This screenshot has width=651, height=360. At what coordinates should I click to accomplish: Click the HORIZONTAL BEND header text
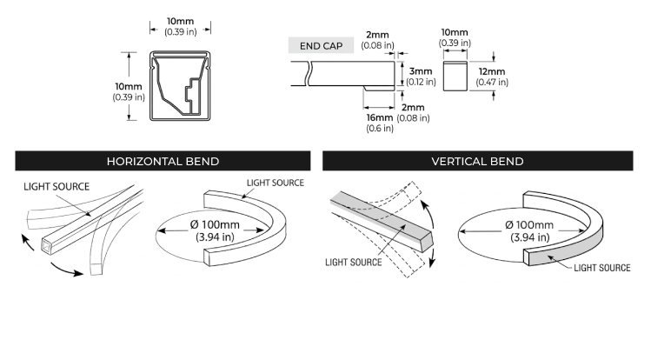click(x=163, y=161)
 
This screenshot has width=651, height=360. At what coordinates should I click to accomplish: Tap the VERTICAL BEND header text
click(x=477, y=161)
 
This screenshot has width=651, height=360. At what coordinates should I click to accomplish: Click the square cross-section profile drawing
click(x=182, y=86)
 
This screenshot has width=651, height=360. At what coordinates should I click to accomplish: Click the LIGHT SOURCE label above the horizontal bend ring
click(x=276, y=183)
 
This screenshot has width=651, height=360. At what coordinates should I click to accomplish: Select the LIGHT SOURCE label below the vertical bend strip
click(x=353, y=261)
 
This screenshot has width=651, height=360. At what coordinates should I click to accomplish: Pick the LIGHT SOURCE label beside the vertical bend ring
click(x=601, y=268)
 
